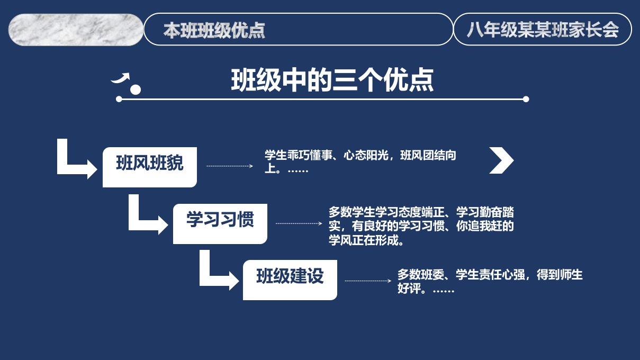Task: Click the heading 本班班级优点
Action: point(214,30)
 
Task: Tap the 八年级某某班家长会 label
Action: point(543,30)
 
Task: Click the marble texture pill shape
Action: point(76,30)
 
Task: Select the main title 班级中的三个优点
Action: point(332,80)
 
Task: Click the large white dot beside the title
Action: point(136,89)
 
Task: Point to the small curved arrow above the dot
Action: point(121,78)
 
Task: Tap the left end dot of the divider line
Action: point(119,99)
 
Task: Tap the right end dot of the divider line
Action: point(526,99)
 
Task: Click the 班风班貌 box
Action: point(150,167)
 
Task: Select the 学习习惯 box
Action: point(220,224)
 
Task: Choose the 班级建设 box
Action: point(290,280)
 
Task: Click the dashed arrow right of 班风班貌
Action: point(230,166)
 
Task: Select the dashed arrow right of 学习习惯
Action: point(299,223)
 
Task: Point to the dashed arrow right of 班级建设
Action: point(368,281)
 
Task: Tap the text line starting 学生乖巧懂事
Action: point(360,155)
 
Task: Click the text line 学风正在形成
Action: point(366,240)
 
